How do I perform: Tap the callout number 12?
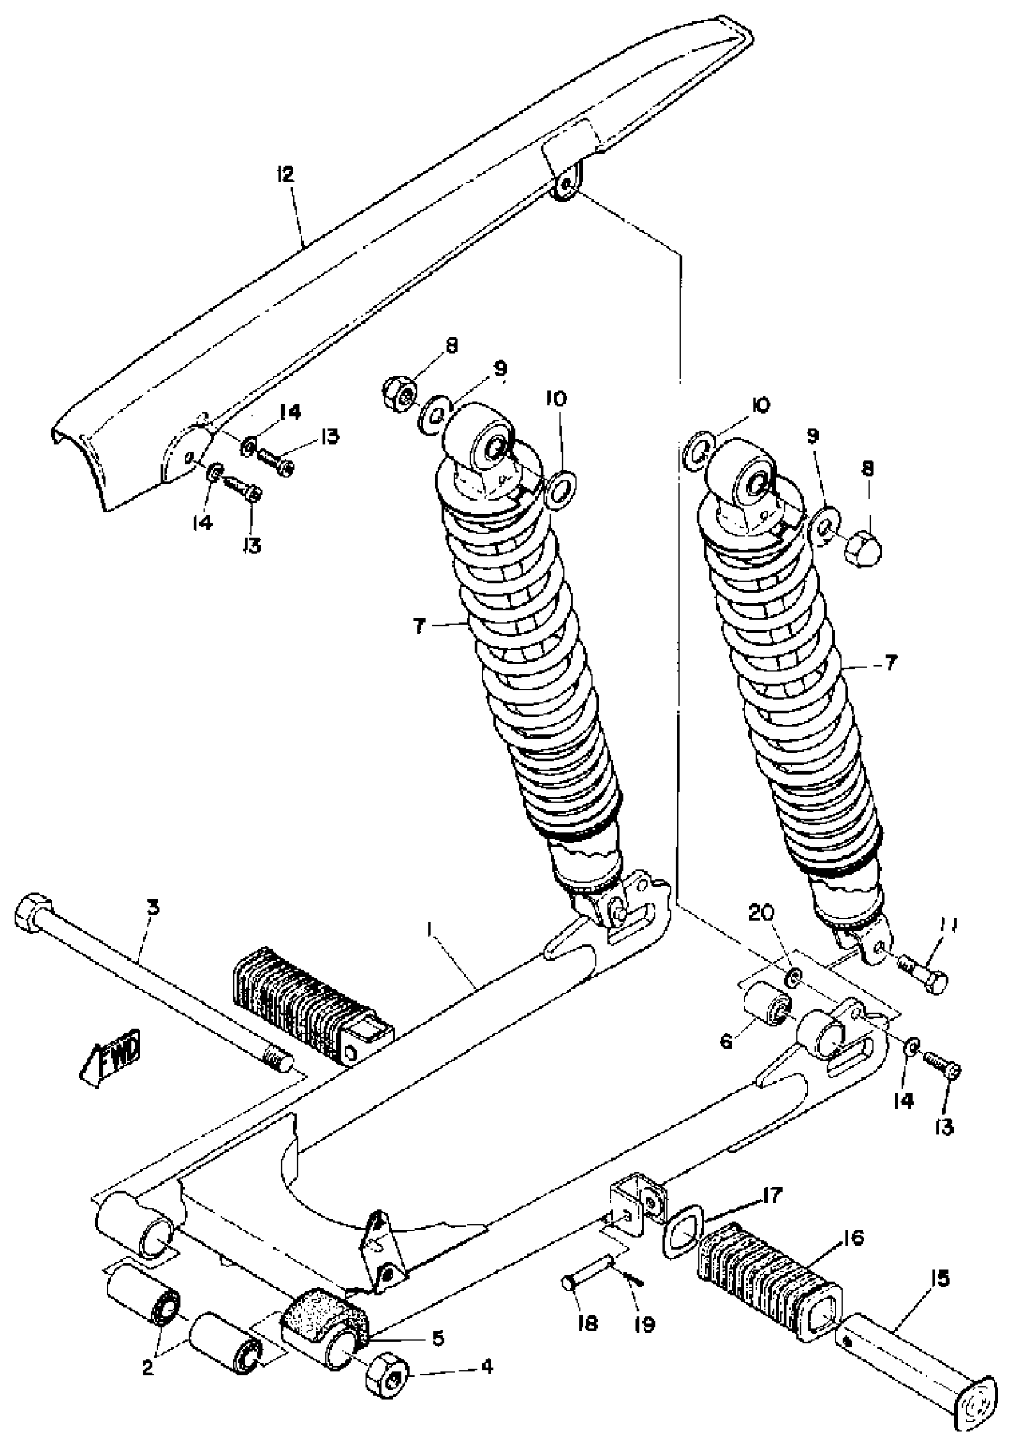point(285,175)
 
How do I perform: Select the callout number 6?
point(726,1041)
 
